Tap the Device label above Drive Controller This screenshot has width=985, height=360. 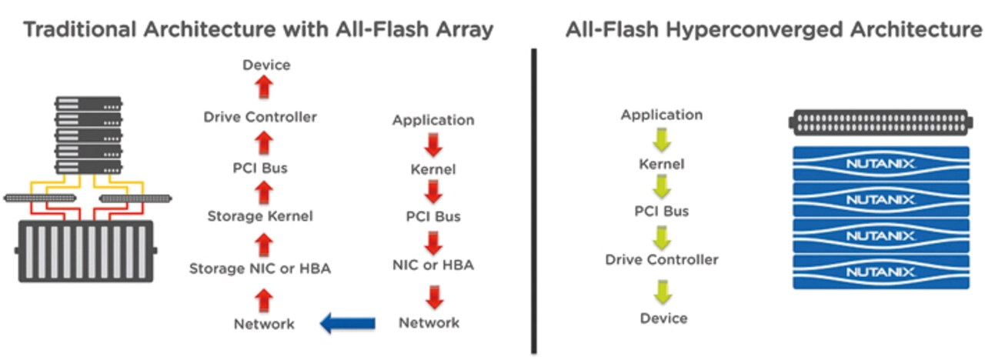tap(266, 65)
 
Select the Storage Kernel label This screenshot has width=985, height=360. tap(260, 217)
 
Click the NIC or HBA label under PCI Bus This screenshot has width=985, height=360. tap(433, 265)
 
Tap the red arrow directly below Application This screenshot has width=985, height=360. tap(433, 145)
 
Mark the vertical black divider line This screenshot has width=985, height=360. tap(533, 200)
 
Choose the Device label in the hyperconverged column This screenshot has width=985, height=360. tap(663, 318)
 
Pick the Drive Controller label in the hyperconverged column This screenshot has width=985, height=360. tap(662, 260)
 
